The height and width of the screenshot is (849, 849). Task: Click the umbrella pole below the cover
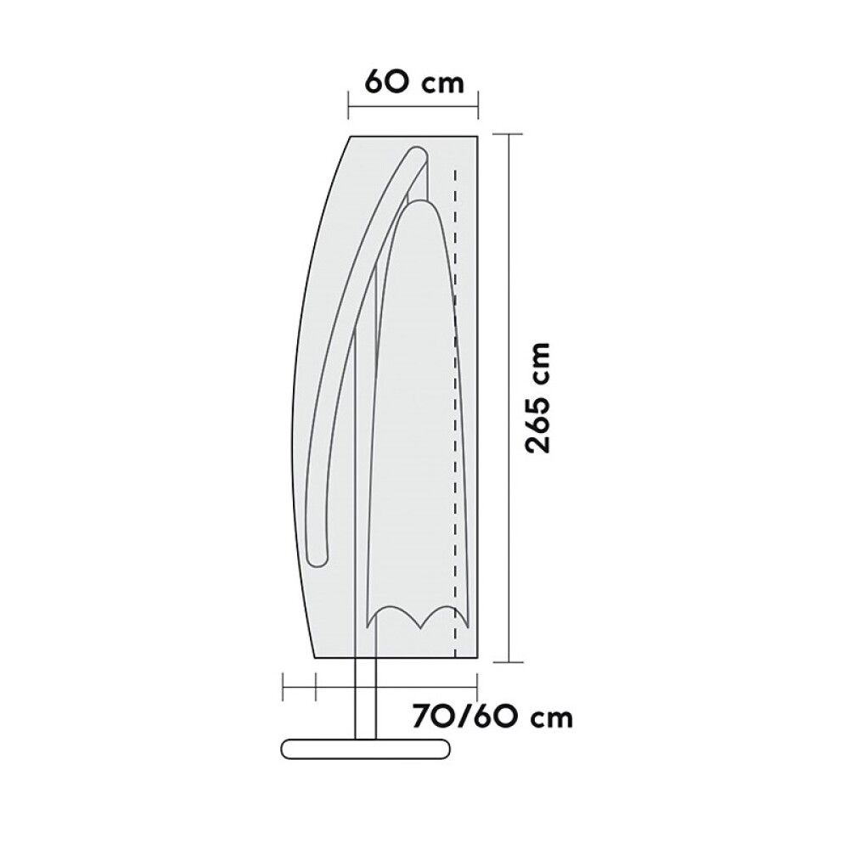point(364,705)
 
